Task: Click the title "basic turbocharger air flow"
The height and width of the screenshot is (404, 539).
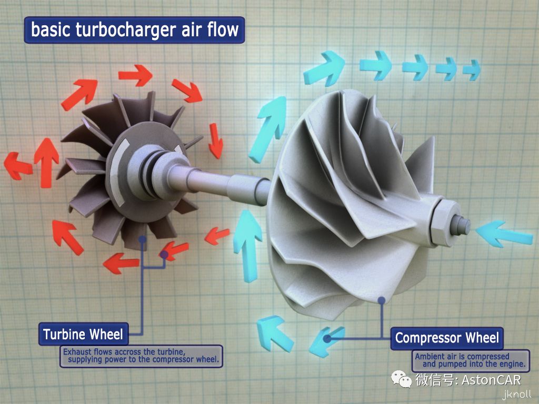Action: point(134,29)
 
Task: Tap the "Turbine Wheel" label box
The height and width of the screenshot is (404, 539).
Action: point(83,334)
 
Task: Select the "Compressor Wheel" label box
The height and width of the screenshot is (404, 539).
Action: point(447,338)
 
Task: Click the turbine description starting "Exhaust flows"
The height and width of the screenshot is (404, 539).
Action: point(141,356)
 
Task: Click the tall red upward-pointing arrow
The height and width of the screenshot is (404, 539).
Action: point(46,156)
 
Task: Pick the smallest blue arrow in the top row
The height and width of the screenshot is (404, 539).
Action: point(472,69)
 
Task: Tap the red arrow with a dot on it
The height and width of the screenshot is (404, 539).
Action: point(169,251)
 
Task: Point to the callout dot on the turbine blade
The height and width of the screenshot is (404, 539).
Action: point(142,240)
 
